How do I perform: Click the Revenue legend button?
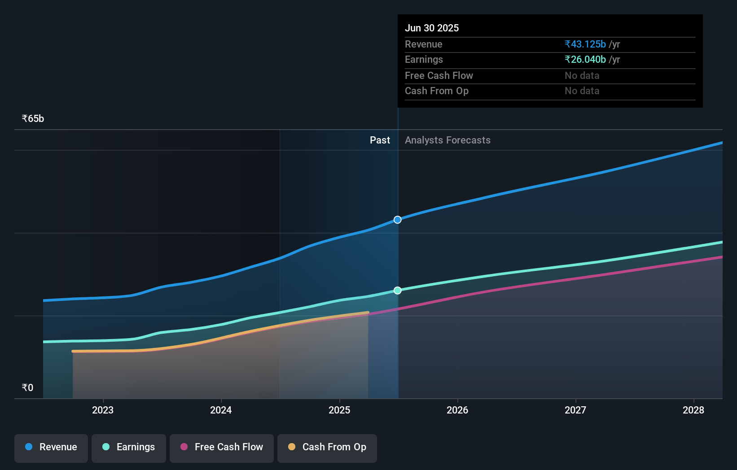[51, 448]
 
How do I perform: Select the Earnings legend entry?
[129, 448]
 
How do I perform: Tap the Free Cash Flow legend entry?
[222, 448]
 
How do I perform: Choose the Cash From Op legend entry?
[327, 448]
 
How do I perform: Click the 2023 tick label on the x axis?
[103, 410]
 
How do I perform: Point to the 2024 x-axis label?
[221, 410]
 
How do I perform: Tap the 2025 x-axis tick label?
[339, 410]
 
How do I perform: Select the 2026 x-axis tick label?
[457, 410]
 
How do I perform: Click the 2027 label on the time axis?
[575, 410]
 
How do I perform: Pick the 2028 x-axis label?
[693, 410]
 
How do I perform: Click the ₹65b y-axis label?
[33, 119]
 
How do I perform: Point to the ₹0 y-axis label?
[28, 388]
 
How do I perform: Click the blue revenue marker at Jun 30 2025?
[398, 220]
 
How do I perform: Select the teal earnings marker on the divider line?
[398, 291]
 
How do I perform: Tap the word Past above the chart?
[380, 140]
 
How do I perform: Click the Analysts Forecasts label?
[447, 140]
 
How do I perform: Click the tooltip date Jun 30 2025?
[432, 28]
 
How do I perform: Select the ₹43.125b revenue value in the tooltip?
[585, 44]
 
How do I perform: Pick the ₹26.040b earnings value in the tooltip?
[585, 60]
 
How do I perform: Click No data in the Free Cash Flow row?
[582, 76]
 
